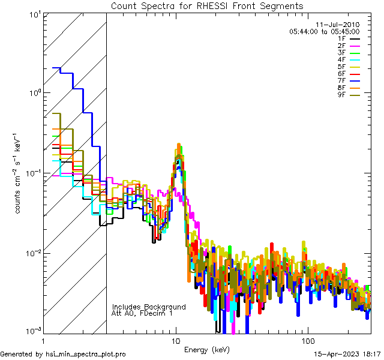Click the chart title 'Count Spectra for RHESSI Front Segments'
[x=207, y=6]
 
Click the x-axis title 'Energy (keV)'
[x=207, y=349]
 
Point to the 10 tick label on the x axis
[x=175, y=340]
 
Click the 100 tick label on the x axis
[x=307, y=340]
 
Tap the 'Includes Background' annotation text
[x=148, y=307]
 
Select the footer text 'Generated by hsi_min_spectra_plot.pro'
[x=63, y=354]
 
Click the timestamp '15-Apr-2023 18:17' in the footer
[x=348, y=354]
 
